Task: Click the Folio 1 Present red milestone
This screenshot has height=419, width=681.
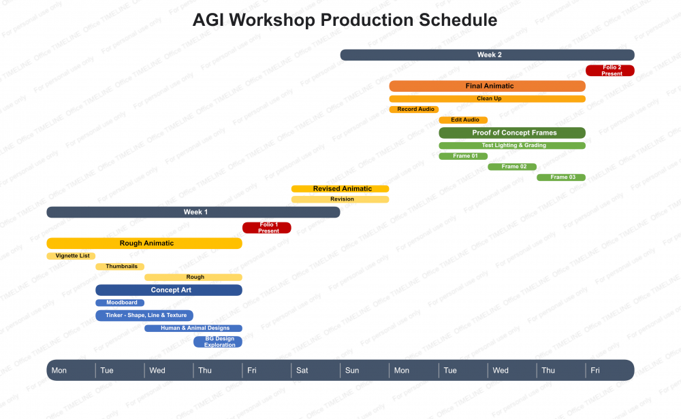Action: [x=267, y=228]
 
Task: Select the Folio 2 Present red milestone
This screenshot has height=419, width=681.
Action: [x=609, y=70]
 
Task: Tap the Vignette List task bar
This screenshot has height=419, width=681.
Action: [x=71, y=256]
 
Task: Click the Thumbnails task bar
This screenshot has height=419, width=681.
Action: [x=120, y=267]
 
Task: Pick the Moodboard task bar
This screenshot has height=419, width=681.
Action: [x=120, y=303]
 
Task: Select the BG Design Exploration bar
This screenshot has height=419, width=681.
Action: [x=218, y=341]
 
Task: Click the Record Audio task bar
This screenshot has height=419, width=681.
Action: [x=414, y=110]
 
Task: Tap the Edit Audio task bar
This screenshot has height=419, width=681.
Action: [x=463, y=120]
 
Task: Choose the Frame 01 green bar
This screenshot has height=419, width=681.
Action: [x=463, y=156]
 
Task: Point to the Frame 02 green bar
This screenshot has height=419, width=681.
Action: [x=512, y=167]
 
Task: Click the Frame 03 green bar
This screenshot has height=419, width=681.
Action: [x=561, y=177]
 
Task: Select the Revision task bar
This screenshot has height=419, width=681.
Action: [x=340, y=199]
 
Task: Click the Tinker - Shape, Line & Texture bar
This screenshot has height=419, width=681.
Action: [x=144, y=316]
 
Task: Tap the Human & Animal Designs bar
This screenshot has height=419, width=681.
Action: [x=193, y=329]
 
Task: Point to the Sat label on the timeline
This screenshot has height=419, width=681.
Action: [x=302, y=371]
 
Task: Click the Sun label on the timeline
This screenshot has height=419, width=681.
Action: [x=352, y=371]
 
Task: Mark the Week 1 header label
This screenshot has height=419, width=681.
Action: [x=195, y=212]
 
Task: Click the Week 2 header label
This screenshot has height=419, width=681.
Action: [x=490, y=54]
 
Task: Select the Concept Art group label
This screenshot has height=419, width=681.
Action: [x=171, y=290]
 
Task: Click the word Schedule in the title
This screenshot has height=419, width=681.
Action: [x=458, y=20]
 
